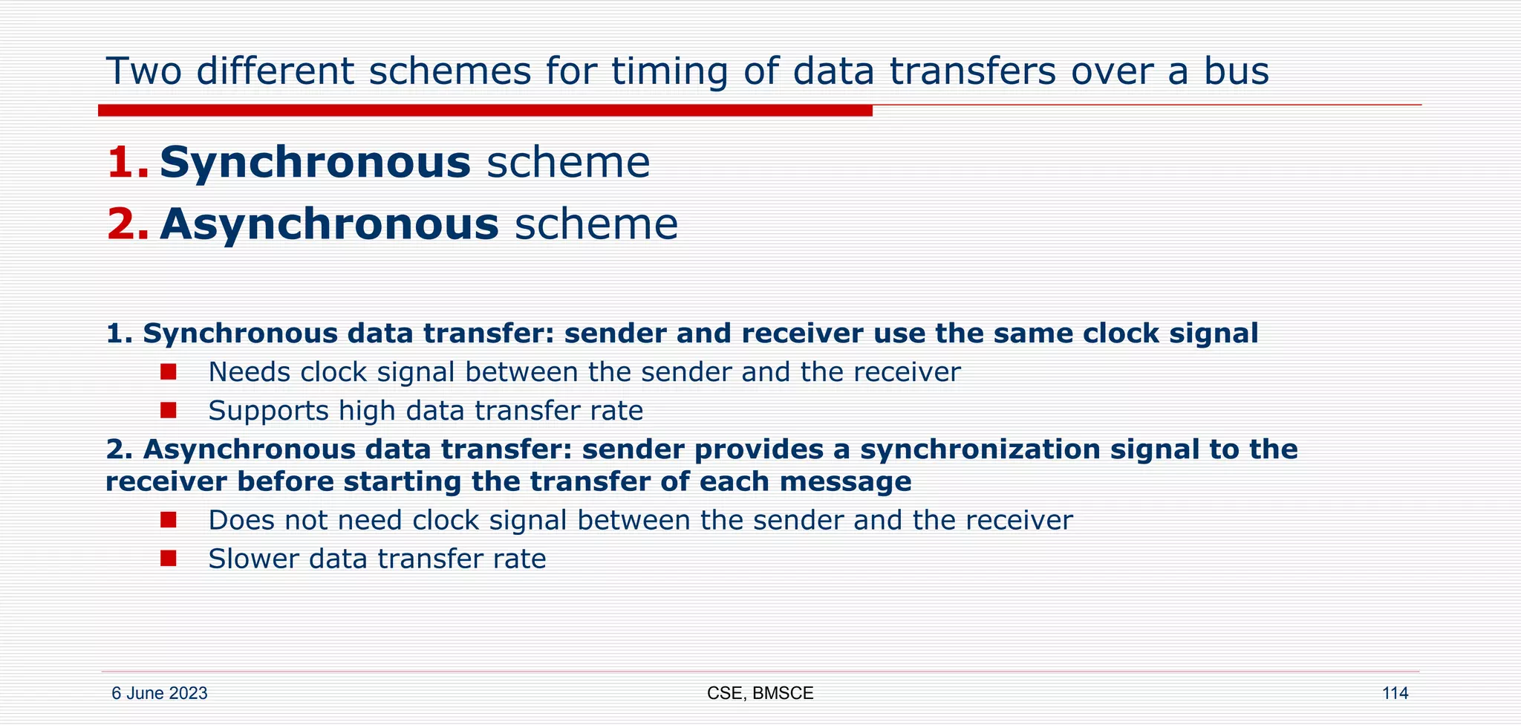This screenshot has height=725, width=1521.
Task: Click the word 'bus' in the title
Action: coord(1237,72)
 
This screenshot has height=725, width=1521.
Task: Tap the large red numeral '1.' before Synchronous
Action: coord(128,163)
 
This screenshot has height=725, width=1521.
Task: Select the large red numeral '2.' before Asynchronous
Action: coord(128,224)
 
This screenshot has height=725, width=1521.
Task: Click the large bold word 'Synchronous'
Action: coord(315,163)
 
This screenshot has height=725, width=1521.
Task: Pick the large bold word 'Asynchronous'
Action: coord(329,224)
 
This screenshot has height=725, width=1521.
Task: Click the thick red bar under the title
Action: coord(484,111)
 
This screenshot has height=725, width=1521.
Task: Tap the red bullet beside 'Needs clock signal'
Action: coord(169,371)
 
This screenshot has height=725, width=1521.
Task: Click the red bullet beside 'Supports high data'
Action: coord(169,410)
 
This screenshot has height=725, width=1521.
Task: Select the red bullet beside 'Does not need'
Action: coord(169,519)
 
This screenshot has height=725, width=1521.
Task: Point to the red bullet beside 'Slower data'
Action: coord(169,558)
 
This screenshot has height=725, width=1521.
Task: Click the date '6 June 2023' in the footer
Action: coord(159,694)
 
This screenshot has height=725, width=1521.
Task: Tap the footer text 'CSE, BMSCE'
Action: coord(760,694)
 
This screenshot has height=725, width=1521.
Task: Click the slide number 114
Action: coord(1394,694)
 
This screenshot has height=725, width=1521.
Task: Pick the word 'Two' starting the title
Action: coord(144,72)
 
